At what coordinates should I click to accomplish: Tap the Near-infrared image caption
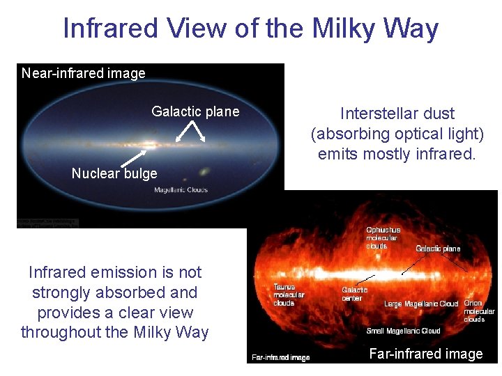coord(83,73)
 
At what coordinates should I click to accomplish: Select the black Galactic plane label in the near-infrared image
coord(195,111)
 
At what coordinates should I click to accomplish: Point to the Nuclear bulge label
coord(114,173)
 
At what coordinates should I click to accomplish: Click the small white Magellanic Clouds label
coord(181,190)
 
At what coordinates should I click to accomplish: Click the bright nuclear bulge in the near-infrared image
coord(149,146)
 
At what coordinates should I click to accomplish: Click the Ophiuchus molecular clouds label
coord(383,237)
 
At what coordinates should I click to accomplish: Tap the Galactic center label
coord(355,294)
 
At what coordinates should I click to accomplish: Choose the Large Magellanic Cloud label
coord(421,304)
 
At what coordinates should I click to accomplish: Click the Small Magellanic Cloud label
coord(404,331)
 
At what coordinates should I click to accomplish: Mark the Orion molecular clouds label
coord(479,311)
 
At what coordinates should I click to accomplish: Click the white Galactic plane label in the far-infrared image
coord(438,249)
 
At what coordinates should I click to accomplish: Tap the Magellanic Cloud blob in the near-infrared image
coord(205,171)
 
